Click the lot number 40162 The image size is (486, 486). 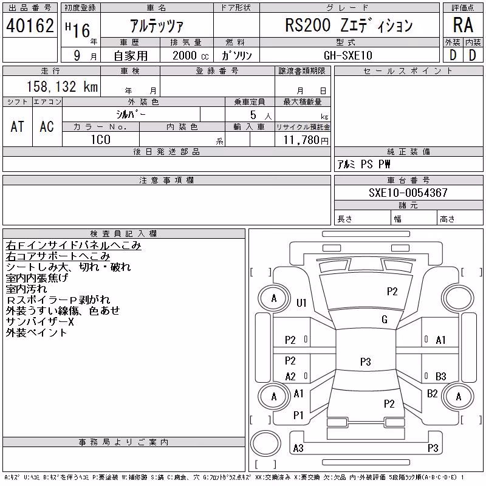click(x=30, y=26)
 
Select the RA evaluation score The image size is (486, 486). click(x=463, y=25)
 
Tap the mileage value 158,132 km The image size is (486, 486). click(x=62, y=86)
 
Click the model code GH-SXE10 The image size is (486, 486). click(x=347, y=55)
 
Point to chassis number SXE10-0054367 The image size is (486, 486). click(x=408, y=193)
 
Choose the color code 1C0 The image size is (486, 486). click(x=100, y=140)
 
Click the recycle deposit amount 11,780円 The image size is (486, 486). click(x=306, y=140)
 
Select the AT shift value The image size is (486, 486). click(x=17, y=127)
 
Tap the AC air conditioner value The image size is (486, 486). click(x=47, y=127)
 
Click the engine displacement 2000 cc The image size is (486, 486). click(x=190, y=56)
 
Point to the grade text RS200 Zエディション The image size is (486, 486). click(x=349, y=26)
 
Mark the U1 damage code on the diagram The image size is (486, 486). click(x=301, y=303)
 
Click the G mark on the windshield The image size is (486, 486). click(x=385, y=320)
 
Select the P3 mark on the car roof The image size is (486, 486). click(x=366, y=361)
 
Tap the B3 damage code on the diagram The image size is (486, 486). click(x=441, y=376)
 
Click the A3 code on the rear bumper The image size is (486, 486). click(x=298, y=448)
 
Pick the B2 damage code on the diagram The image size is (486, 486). click(x=433, y=394)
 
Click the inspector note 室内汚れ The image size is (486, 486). click(x=26, y=289)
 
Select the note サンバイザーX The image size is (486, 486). click(x=39, y=322)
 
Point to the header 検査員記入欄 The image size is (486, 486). click(x=123, y=234)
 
